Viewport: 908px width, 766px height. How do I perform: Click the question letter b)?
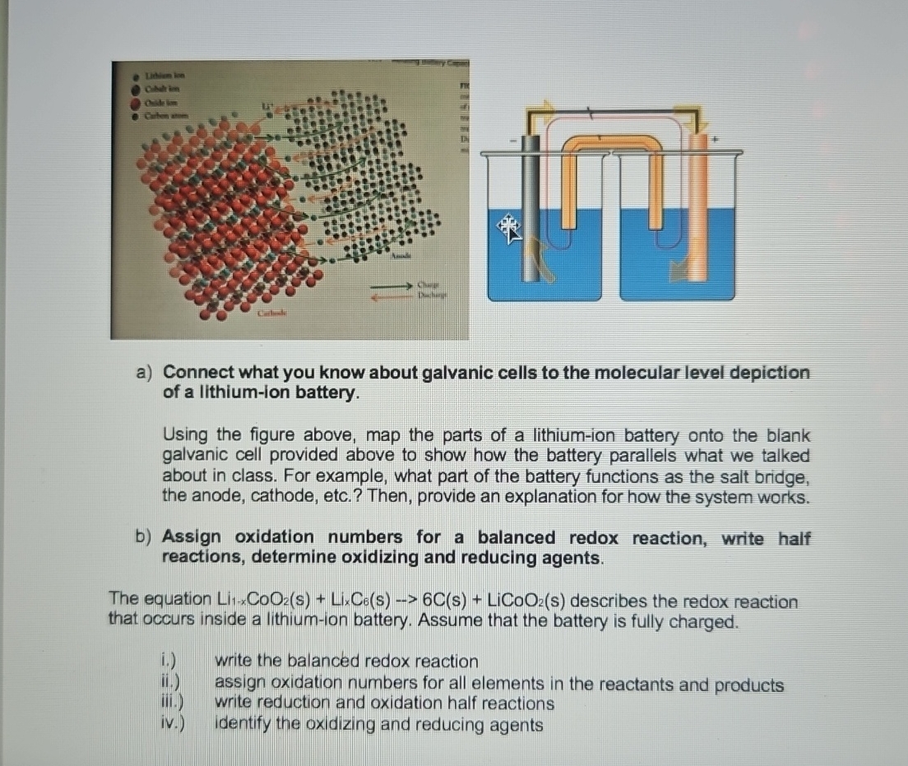pos(145,537)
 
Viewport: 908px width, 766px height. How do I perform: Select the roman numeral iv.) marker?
pos(172,725)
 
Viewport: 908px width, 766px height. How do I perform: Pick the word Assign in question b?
pos(192,537)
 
